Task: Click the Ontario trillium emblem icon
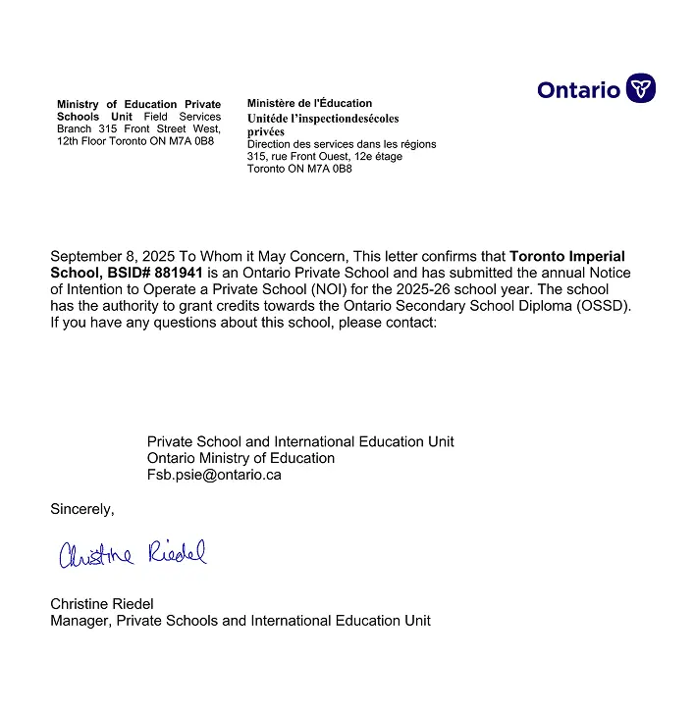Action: point(641,88)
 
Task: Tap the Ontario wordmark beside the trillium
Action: point(578,90)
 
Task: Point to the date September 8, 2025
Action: point(109,257)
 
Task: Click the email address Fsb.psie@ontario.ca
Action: point(214,474)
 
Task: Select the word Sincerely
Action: point(81,509)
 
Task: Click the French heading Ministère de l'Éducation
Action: point(309,103)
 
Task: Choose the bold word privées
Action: point(266,131)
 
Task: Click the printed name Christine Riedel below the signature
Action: point(102,604)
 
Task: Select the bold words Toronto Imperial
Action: point(567,257)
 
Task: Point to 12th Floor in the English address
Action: point(83,141)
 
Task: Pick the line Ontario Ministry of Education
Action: point(241,458)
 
